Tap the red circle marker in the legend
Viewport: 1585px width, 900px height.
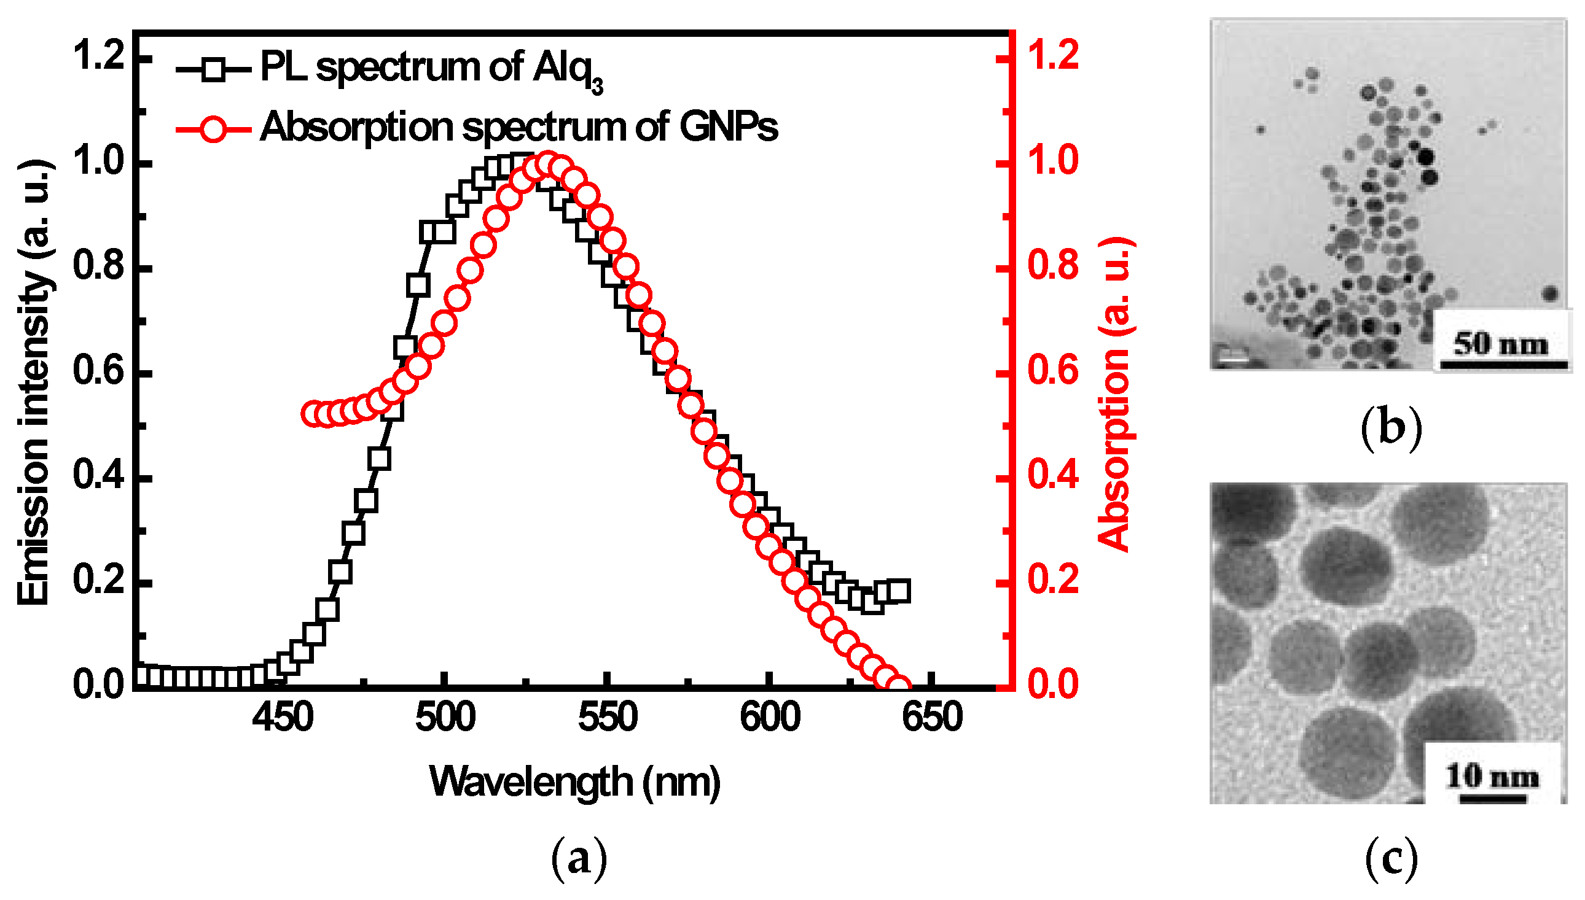[x=214, y=130]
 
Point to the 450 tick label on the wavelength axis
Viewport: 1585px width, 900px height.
[x=283, y=718]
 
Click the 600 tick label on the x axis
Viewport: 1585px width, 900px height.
[x=769, y=718]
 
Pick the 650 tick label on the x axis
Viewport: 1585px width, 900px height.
[x=932, y=718]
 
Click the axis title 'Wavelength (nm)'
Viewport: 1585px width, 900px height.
[x=574, y=783]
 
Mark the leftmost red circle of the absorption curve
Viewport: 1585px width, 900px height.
[x=311, y=414]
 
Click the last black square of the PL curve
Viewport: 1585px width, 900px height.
[x=899, y=591]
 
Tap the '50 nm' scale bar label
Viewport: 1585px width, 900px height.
[x=1500, y=344]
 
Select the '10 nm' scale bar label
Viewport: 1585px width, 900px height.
[x=1492, y=777]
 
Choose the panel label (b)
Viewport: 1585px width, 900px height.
[x=1391, y=429]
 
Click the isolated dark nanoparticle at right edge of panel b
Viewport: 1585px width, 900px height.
[x=1549, y=293]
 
